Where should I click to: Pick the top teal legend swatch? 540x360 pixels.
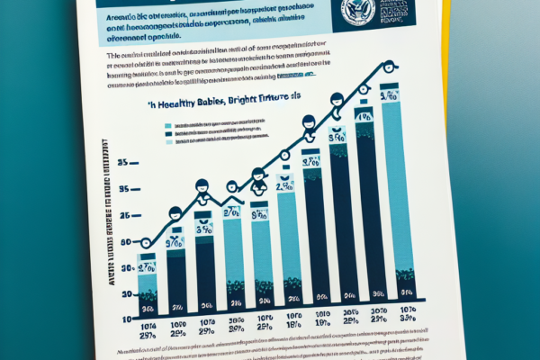[x=169, y=125]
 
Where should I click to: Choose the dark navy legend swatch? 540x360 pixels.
[x=169, y=133]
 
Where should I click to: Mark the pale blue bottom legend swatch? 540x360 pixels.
[x=169, y=141]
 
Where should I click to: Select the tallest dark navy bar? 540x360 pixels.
[x=367, y=211]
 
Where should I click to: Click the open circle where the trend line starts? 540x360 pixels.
[x=147, y=242]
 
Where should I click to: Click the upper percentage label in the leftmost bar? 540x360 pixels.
[x=147, y=267]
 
